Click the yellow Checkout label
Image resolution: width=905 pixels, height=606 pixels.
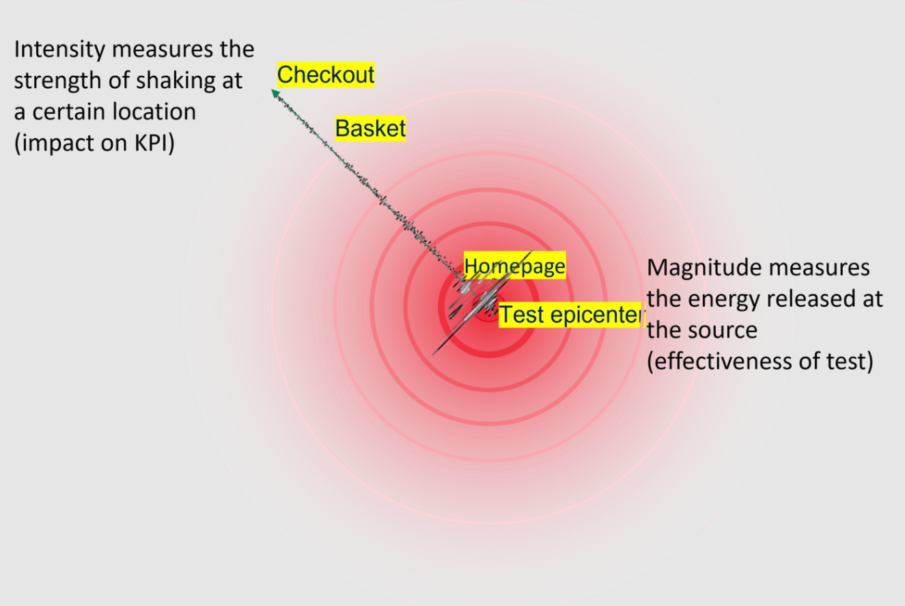click(x=326, y=74)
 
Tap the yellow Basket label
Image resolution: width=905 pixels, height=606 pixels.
click(x=370, y=128)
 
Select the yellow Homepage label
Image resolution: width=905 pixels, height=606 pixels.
click(x=514, y=266)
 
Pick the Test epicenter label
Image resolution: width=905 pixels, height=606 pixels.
click(x=571, y=315)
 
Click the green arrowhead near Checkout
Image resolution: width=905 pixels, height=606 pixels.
click(x=275, y=93)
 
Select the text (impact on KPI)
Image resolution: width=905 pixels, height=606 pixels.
click(x=94, y=143)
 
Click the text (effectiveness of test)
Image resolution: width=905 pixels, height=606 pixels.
click(x=760, y=361)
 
